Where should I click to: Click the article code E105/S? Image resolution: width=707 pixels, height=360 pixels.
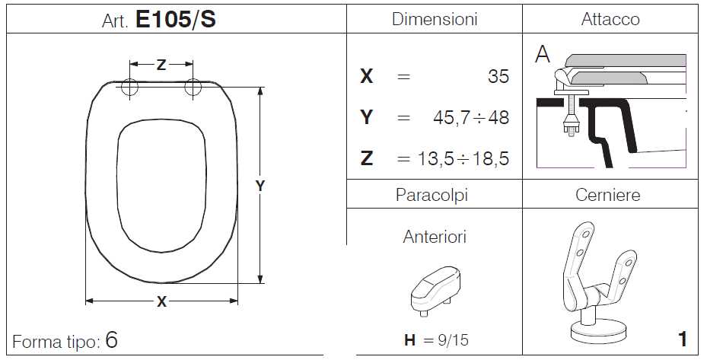click(175, 19)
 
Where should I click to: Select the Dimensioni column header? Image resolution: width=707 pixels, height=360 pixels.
click(435, 19)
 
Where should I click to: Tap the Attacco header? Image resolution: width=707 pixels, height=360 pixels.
click(610, 19)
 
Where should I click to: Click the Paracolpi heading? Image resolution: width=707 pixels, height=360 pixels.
click(432, 195)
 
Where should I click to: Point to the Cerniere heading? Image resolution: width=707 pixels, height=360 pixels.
click(607, 195)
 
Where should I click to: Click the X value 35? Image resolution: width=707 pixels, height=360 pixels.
click(498, 76)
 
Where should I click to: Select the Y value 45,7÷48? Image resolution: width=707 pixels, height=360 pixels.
click(471, 118)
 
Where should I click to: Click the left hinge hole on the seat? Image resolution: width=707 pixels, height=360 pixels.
click(129, 87)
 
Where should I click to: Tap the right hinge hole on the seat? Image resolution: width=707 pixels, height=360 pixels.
click(193, 87)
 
